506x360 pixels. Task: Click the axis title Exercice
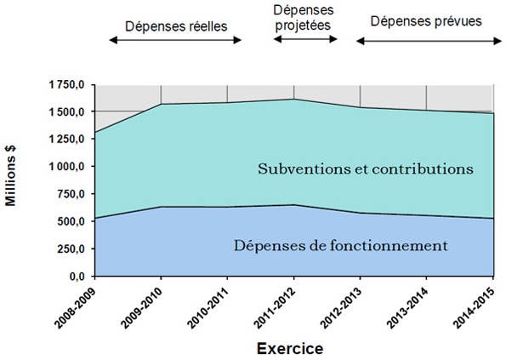(x=293, y=347)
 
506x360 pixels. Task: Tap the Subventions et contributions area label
(x=365, y=169)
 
